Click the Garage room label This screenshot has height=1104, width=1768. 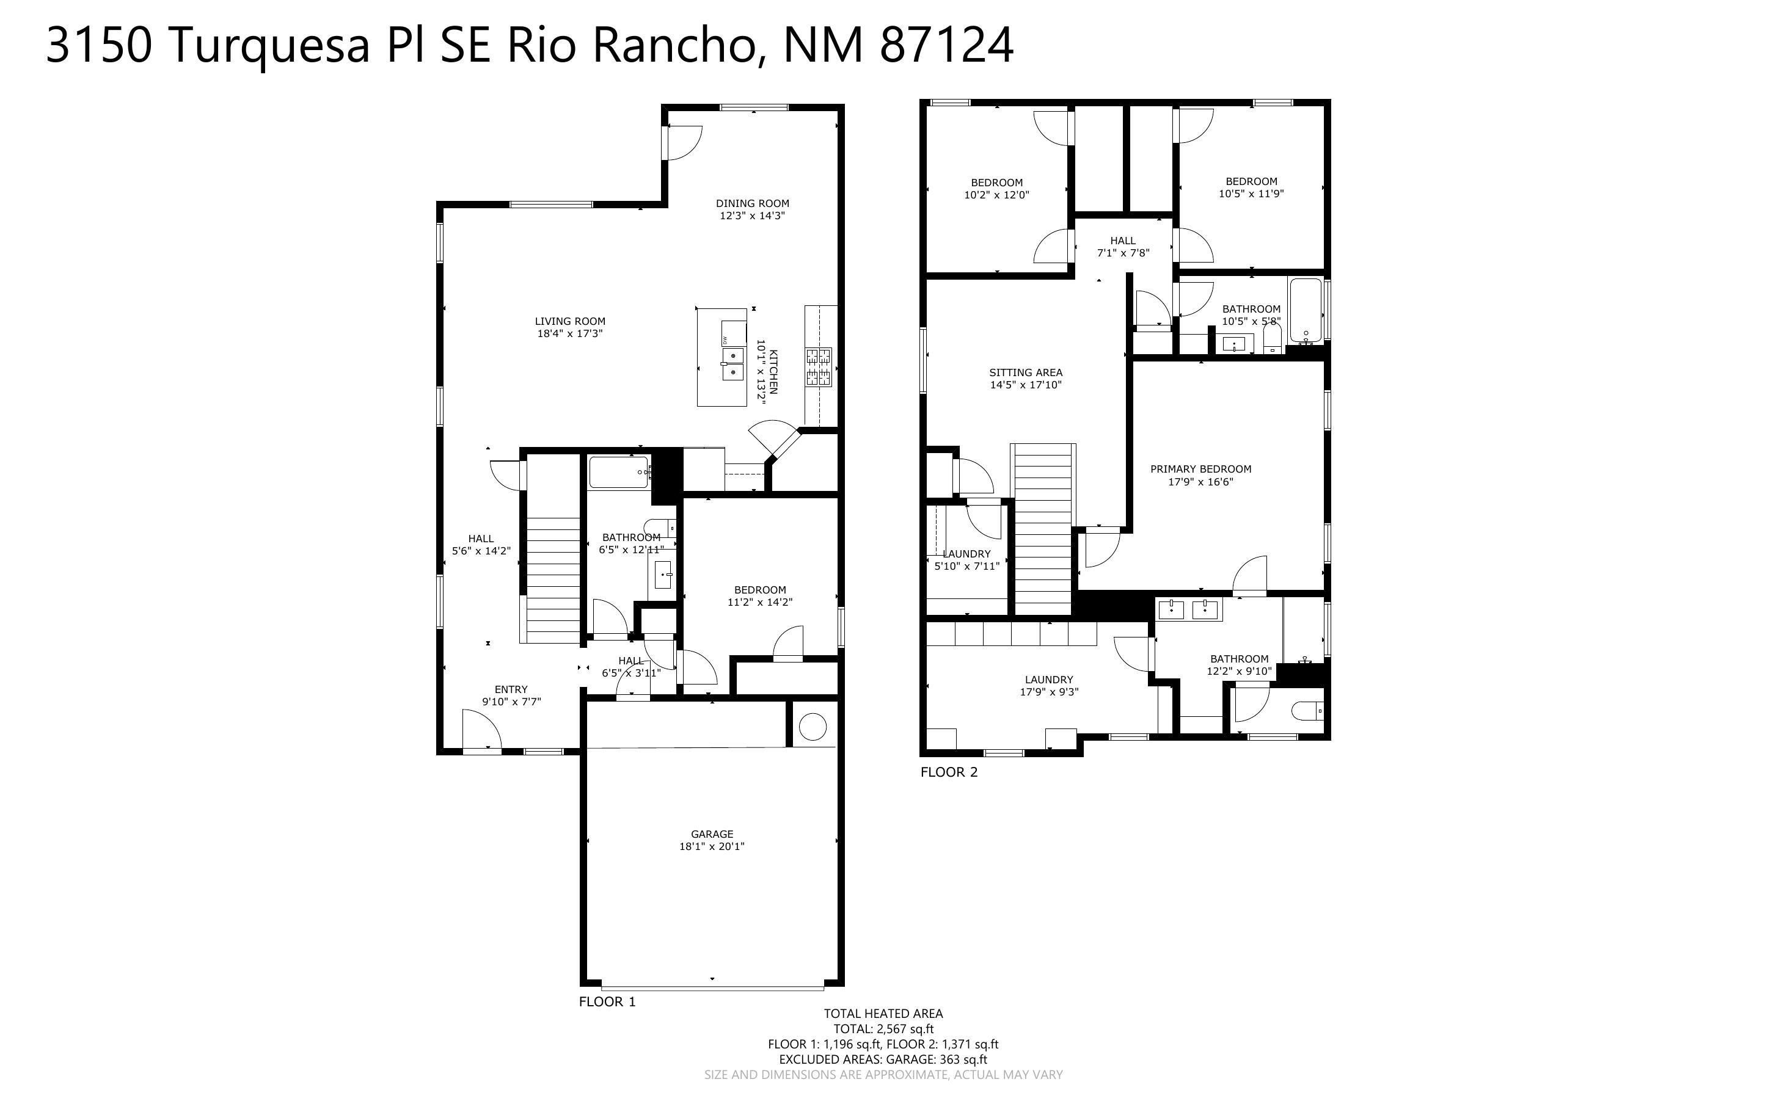[x=712, y=834]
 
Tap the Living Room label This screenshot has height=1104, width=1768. [x=569, y=321]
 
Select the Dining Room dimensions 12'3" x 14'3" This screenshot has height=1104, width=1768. [x=752, y=216]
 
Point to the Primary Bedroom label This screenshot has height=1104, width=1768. [x=1200, y=470]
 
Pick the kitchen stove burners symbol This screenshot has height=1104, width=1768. [x=819, y=366]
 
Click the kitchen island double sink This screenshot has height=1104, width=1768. [x=732, y=363]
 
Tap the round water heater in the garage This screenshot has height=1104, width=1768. [x=812, y=727]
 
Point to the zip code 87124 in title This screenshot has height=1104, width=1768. [x=946, y=45]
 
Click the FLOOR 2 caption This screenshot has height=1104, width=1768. [x=949, y=772]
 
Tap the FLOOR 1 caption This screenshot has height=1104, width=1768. [x=607, y=1002]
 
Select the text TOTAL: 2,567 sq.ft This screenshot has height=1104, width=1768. [x=883, y=1030]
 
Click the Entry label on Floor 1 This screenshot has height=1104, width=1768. [x=511, y=689]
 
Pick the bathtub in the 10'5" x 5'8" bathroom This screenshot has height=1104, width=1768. [x=1305, y=310]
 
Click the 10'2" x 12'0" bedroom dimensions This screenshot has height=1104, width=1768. [x=997, y=195]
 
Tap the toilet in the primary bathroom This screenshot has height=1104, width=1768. [x=1307, y=710]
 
